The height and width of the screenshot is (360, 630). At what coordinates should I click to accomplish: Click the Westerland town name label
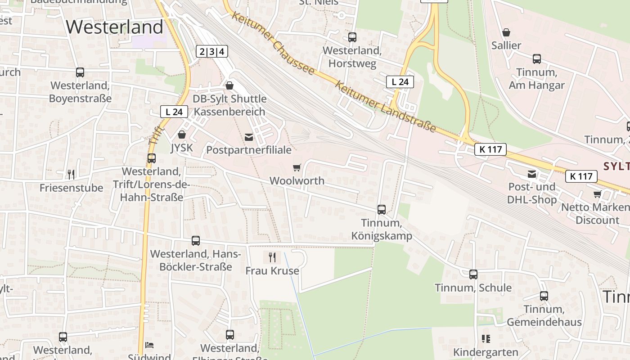coord(114,27)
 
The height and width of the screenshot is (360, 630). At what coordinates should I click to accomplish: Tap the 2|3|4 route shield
coord(212,51)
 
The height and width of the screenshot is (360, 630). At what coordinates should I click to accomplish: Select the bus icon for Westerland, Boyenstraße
coord(80,72)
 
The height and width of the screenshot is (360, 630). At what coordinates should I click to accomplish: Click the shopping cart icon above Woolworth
coord(297,168)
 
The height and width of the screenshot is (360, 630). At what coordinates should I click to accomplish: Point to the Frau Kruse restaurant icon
coord(272,257)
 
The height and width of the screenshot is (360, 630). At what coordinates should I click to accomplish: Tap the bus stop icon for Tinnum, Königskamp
coord(382,210)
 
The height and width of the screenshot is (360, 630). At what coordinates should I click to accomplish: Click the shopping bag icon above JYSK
coord(182,135)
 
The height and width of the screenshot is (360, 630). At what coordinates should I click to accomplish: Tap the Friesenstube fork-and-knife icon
coord(71,174)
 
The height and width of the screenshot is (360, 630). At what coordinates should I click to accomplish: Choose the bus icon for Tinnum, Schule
coord(473,274)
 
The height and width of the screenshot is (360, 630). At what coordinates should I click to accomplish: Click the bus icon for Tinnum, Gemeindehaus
coord(544,296)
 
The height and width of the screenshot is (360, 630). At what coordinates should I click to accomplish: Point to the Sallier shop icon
coord(506,32)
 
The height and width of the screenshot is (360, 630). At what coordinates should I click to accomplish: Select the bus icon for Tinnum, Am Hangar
coord(537,59)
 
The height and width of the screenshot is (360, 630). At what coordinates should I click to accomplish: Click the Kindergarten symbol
coord(486,339)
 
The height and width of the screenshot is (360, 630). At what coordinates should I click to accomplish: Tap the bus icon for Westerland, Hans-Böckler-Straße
coord(196,241)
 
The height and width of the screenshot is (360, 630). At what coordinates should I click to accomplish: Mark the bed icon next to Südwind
coord(149,345)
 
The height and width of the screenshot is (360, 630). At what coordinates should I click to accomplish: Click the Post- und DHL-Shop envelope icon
coord(532,174)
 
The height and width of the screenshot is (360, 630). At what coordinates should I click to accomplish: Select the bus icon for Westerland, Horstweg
coord(352,37)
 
